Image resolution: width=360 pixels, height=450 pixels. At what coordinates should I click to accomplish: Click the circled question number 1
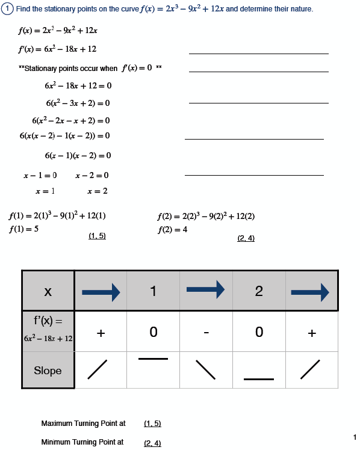pyautogui.click(x=8, y=10)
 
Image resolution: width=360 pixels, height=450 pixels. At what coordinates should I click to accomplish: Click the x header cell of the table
pyautogui.click(x=48, y=291)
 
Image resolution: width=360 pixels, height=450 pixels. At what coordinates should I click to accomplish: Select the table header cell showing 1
pyautogui.click(x=153, y=291)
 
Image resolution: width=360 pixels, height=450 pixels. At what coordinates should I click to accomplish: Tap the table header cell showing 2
pyautogui.click(x=259, y=291)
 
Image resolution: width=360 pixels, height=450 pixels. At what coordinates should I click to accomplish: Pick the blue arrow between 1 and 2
pyautogui.click(x=206, y=291)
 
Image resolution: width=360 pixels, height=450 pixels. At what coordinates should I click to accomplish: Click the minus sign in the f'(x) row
pyautogui.click(x=206, y=332)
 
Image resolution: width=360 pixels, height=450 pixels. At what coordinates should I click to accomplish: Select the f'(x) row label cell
pyautogui.click(x=48, y=331)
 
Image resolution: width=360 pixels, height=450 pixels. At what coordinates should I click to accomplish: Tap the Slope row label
pyautogui.click(x=48, y=371)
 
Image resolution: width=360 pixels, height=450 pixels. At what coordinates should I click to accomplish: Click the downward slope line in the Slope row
pyautogui.click(x=206, y=369)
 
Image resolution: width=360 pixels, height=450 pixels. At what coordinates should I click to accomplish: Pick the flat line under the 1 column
pyautogui.click(x=153, y=359)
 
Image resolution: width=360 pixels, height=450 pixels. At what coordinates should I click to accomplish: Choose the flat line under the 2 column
pyautogui.click(x=259, y=379)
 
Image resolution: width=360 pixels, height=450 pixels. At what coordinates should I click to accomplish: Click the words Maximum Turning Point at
pyautogui.click(x=83, y=424)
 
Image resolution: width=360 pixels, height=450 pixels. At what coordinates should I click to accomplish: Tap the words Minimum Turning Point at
pyautogui.click(x=82, y=442)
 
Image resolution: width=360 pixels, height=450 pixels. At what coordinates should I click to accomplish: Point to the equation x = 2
pyautogui.click(x=98, y=191)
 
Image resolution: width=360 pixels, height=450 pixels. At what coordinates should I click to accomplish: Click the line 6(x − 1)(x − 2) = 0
pyautogui.click(x=78, y=156)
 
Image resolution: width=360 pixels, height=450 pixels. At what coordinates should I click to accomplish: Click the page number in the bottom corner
pyautogui.click(x=355, y=437)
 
